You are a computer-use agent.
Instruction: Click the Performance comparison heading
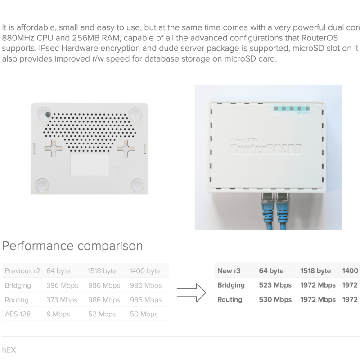72,246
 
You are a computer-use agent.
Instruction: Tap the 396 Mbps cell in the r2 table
62,285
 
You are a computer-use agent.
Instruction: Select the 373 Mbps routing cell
62,300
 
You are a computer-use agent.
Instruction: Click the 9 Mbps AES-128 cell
58,314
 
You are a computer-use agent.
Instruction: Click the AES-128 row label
18,314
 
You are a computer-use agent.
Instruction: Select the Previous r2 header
22,271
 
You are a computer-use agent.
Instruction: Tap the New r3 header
229,271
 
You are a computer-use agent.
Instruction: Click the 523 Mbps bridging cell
275,285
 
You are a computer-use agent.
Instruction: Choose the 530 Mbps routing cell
275,299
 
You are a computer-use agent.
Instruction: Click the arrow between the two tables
191,292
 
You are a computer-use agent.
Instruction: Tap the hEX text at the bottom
9,350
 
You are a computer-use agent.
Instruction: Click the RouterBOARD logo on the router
266,148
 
